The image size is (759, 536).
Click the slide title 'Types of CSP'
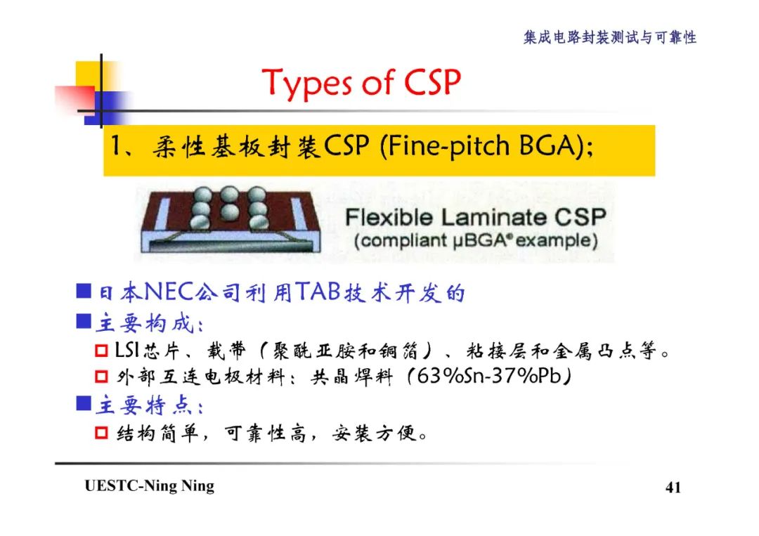pyautogui.click(x=361, y=83)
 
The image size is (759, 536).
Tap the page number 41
pyautogui.click(x=673, y=488)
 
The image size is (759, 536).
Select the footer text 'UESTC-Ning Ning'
pyautogui.click(x=149, y=486)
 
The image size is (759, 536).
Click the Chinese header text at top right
pyautogui.click(x=609, y=37)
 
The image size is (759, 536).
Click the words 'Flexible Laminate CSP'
pyautogui.click(x=475, y=216)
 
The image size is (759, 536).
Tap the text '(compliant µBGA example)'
pyautogui.click(x=476, y=241)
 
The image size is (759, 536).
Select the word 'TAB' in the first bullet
pyautogui.click(x=318, y=292)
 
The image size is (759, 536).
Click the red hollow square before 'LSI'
pyautogui.click(x=101, y=350)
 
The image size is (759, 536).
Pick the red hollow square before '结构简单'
pyautogui.click(x=101, y=433)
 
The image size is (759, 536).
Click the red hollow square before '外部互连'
pyautogui.click(x=101, y=377)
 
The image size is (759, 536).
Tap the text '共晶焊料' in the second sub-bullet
pyautogui.click(x=351, y=377)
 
